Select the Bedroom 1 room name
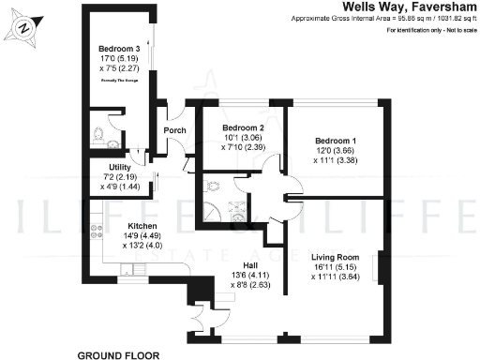[x=334, y=140]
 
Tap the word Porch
[x=175, y=130]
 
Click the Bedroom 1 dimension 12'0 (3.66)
[x=334, y=150]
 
